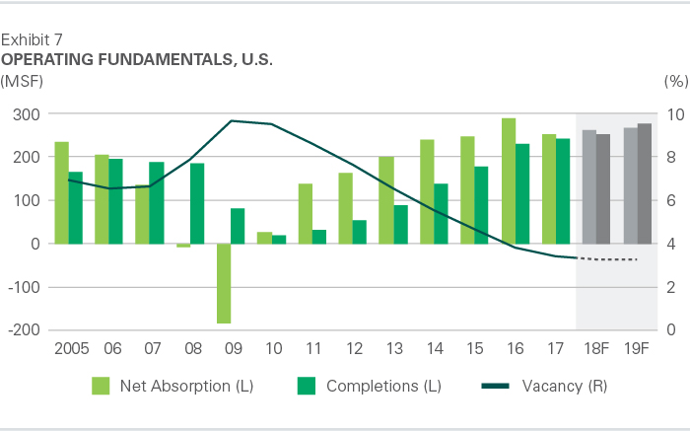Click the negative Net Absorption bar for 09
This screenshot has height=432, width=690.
point(224,283)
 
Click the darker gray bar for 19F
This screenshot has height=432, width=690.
point(645,183)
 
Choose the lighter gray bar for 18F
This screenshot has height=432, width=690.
point(589,186)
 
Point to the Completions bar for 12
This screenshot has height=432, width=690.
point(360,232)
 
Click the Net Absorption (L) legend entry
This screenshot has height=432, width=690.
point(173,386)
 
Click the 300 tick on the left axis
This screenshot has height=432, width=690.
point(27,114)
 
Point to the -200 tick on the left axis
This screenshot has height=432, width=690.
point(23,330)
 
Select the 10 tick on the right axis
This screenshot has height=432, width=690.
point(672,114)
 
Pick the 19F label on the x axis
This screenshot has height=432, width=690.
point(639,350)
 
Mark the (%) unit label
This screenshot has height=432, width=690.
point(674,79)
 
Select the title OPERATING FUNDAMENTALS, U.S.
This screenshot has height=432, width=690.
point(137,59)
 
